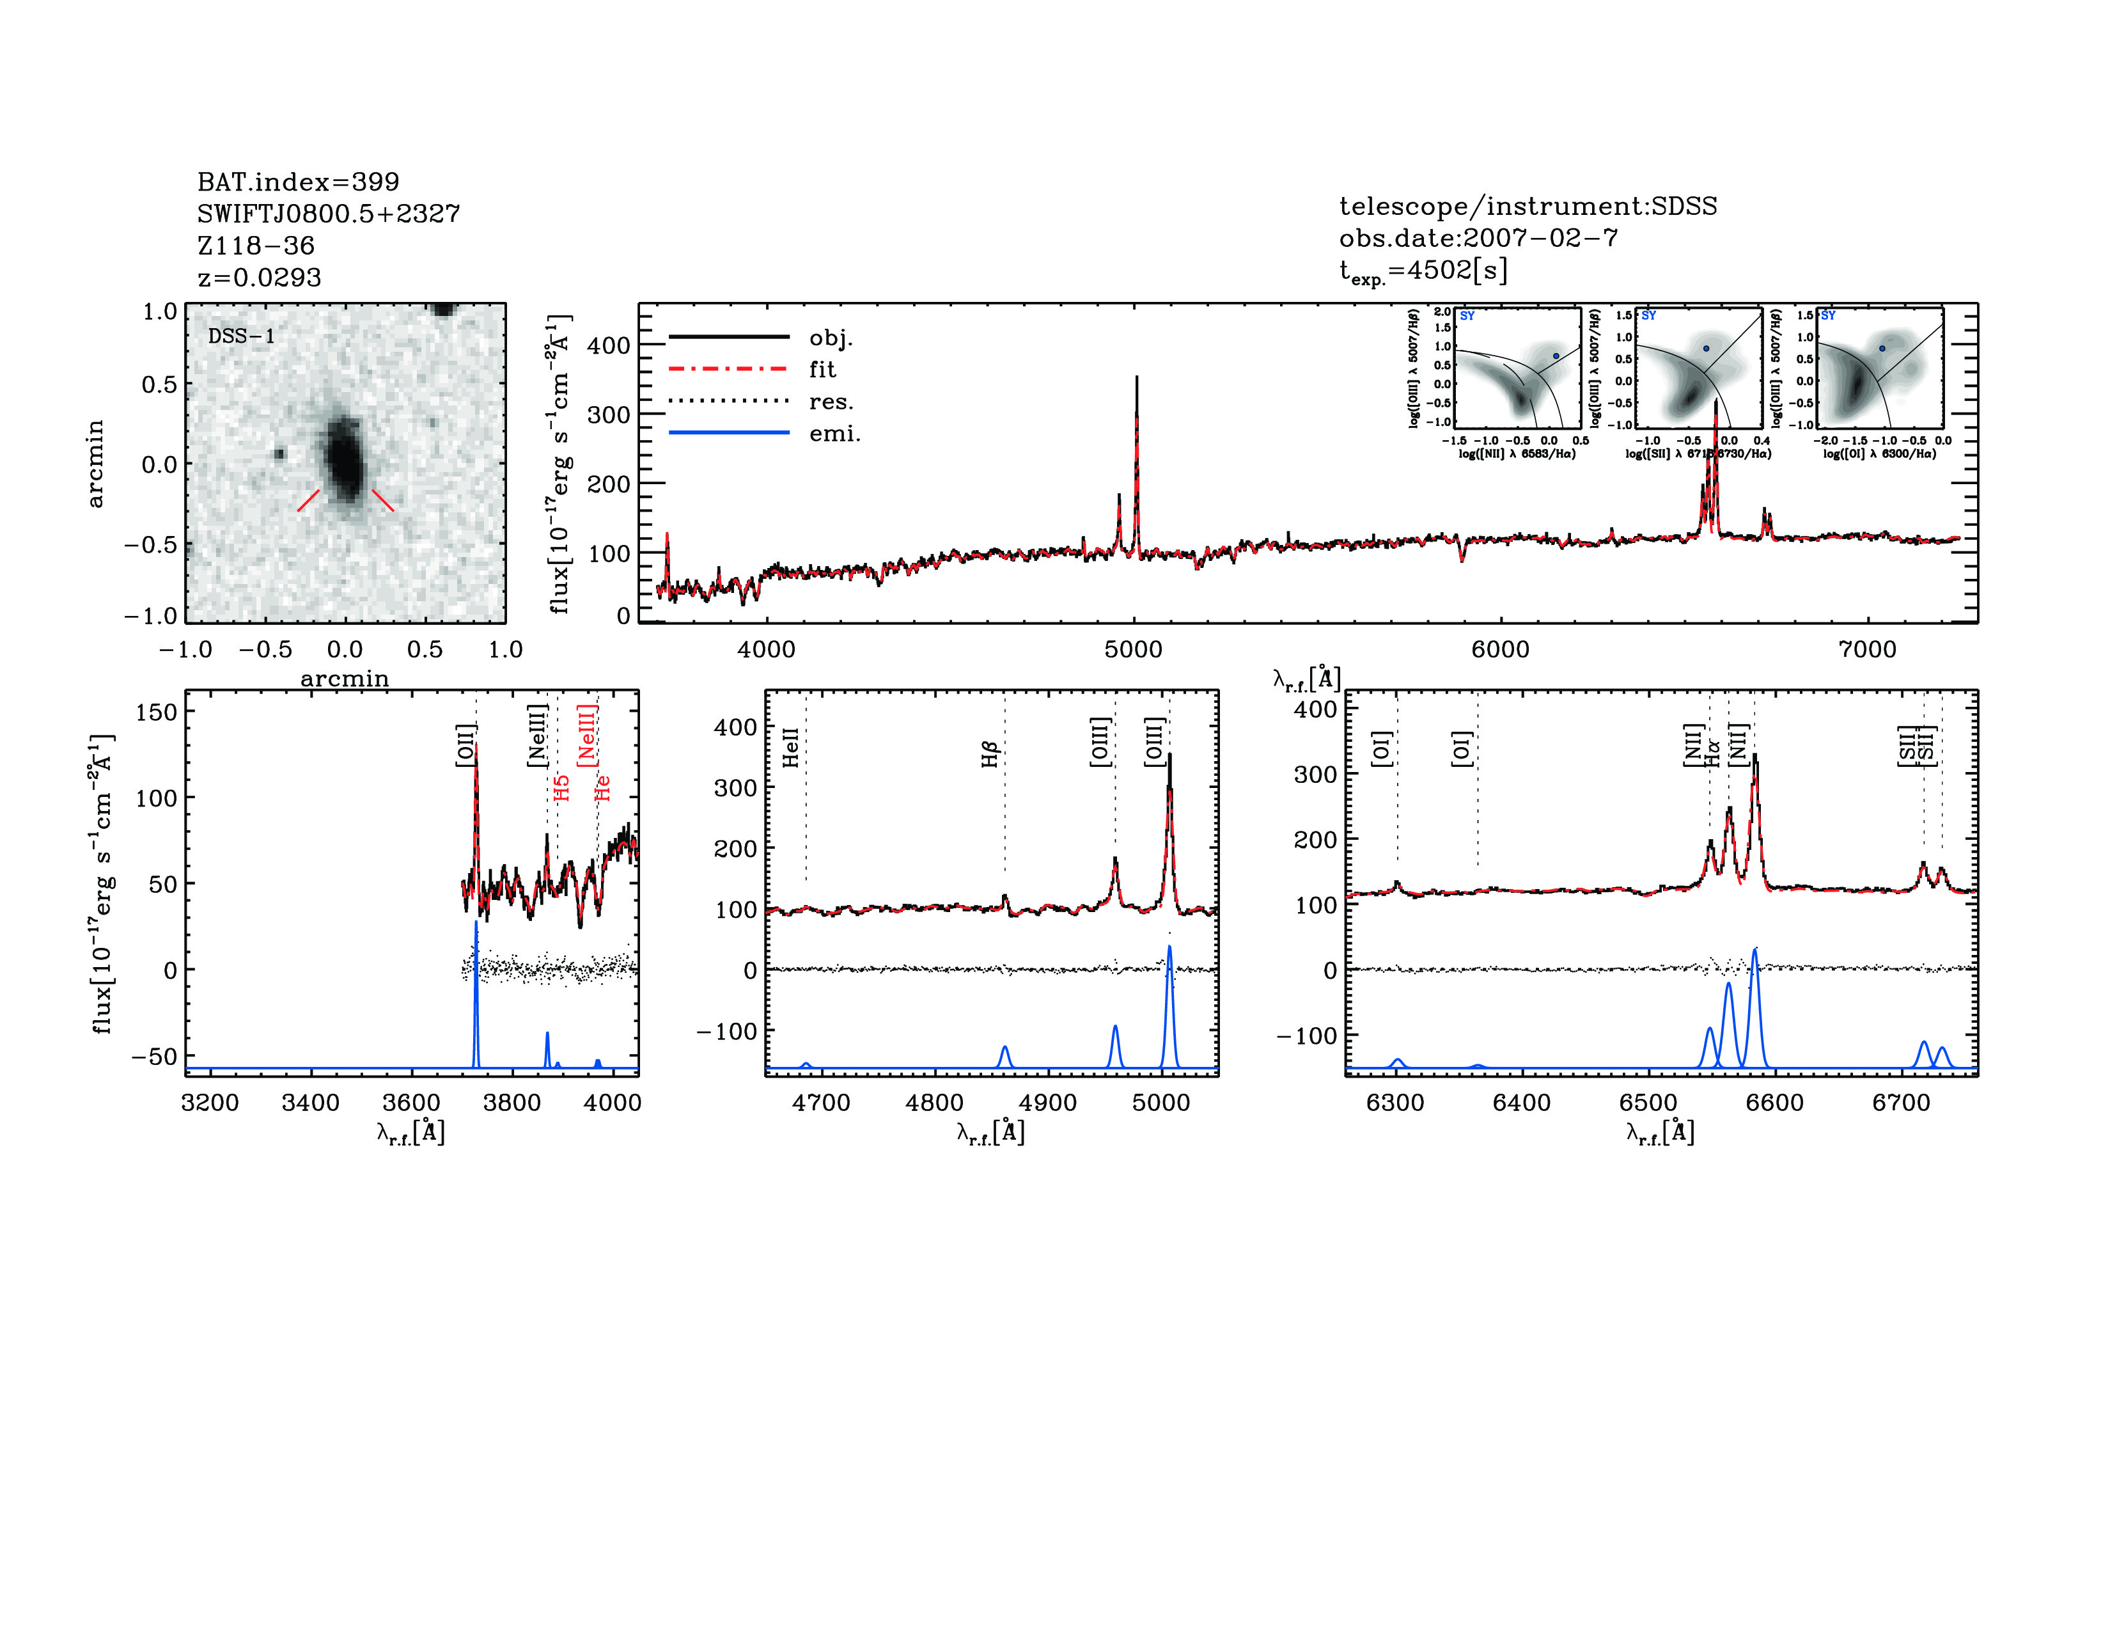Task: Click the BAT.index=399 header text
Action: (297, 182)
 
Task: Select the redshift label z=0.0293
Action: (259, 278)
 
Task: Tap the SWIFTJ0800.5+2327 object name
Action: (329, 214)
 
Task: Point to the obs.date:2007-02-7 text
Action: (1478, 238)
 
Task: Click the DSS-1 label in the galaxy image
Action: (242, 336)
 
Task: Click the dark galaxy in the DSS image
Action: (343, 460)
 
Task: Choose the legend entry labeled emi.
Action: (834, 434)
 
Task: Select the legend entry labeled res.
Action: (831, 402)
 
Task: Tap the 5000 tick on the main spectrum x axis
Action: (1133, 649)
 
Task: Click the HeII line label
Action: (790, 748)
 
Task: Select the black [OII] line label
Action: (465, 745)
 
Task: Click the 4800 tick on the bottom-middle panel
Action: (934, 1103)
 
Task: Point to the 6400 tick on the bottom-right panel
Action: (1522, 1103)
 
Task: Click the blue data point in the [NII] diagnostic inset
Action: (1556, 356)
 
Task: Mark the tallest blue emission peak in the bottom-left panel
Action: (475, 926)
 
